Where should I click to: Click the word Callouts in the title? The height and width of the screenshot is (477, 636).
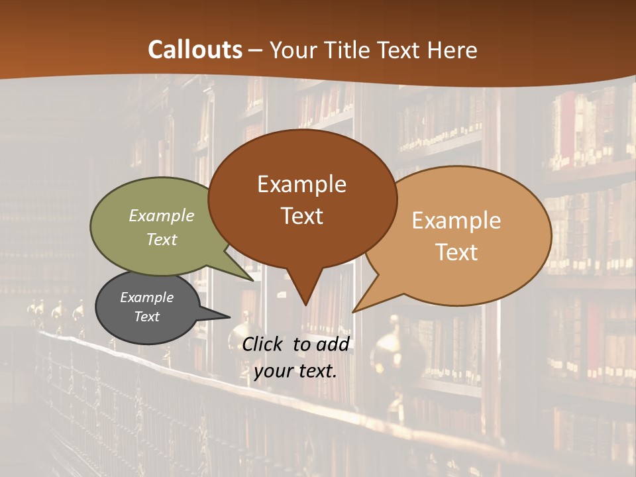point(195,50)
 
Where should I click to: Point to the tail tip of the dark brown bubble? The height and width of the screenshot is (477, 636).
point(305,305)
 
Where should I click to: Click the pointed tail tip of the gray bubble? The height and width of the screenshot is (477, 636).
point(230,317)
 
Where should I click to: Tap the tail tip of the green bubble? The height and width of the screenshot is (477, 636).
point(254,280)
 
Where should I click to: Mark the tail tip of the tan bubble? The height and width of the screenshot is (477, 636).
point(352,311)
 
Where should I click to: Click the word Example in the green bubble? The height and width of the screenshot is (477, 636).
point(162,216)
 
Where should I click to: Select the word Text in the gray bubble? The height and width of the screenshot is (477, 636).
point(147,317)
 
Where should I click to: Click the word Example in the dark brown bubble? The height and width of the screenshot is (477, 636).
point(301,184)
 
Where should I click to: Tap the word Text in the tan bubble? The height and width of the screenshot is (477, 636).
point(456,252)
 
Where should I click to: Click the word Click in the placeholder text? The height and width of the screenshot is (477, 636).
point(262,344)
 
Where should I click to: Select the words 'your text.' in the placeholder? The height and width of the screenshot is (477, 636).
point(295,371)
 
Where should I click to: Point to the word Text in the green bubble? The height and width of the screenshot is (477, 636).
point(162,239)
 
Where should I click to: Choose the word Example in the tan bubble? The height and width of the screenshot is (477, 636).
point(456,221)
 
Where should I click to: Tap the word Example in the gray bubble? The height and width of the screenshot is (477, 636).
point(147,297)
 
